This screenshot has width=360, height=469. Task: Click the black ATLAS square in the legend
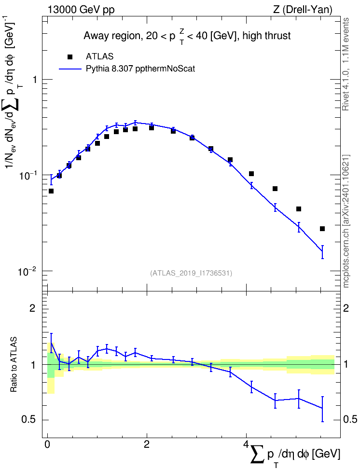tap(70, 56)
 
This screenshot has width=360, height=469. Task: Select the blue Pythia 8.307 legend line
tap(70, 69)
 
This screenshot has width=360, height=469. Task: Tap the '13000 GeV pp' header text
tap(81, 10)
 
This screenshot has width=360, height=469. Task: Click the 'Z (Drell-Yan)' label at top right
tap(303, 10)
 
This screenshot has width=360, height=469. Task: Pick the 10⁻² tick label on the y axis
tap(27, 271)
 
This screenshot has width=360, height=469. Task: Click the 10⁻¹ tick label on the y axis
tap(27, 175)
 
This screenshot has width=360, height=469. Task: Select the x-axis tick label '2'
tap(147, 444)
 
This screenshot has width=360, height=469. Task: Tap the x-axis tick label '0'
tap(47, 444)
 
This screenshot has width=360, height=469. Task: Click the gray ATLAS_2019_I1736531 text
tap(191, 273)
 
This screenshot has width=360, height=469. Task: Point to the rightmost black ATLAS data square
tap(322, 229)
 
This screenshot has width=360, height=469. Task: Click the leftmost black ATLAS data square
tap(51, 191)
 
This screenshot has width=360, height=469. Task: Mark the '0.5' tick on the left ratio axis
tap(29, 420)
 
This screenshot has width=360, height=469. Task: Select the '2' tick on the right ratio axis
tap(346, 308)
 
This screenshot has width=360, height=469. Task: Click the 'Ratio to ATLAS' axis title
tap(14, 365)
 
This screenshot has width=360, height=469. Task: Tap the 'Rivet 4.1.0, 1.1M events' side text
tap(346, 64)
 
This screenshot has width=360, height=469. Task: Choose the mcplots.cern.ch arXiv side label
tap(346, 221)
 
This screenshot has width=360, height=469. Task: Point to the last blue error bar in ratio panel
tap(322, 409)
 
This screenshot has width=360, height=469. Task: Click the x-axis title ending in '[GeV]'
tap(295, 455)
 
